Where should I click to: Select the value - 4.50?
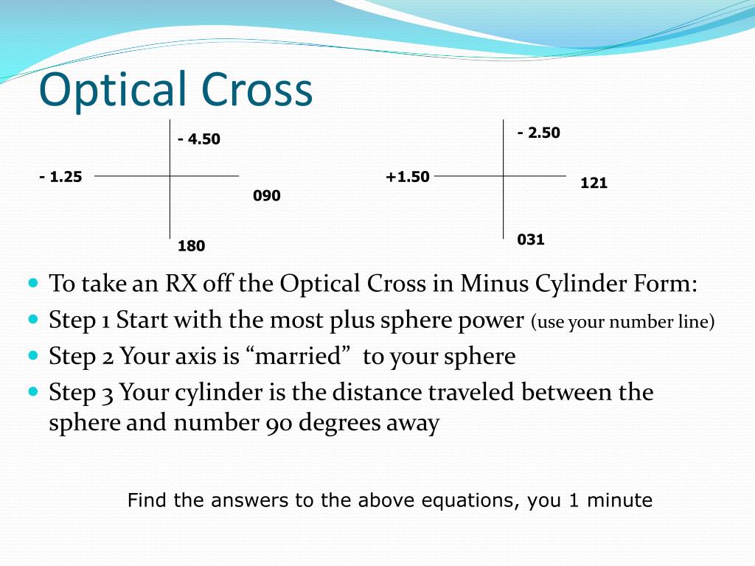[199, 139]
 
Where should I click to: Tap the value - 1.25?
[60, 176]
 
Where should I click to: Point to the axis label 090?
[267, 196]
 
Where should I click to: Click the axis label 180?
[192, 246]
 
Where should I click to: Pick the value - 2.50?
[539, 133]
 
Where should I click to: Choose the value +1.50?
[407, 177]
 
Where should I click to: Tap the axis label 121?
[594, 184]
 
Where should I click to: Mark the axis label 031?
[531, 240]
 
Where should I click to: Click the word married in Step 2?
[302, 357]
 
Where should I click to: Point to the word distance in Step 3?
[377, 392]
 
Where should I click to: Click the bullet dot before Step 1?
[32, 320]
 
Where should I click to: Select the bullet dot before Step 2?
[32, 356]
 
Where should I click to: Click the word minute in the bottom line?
[621, 501]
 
